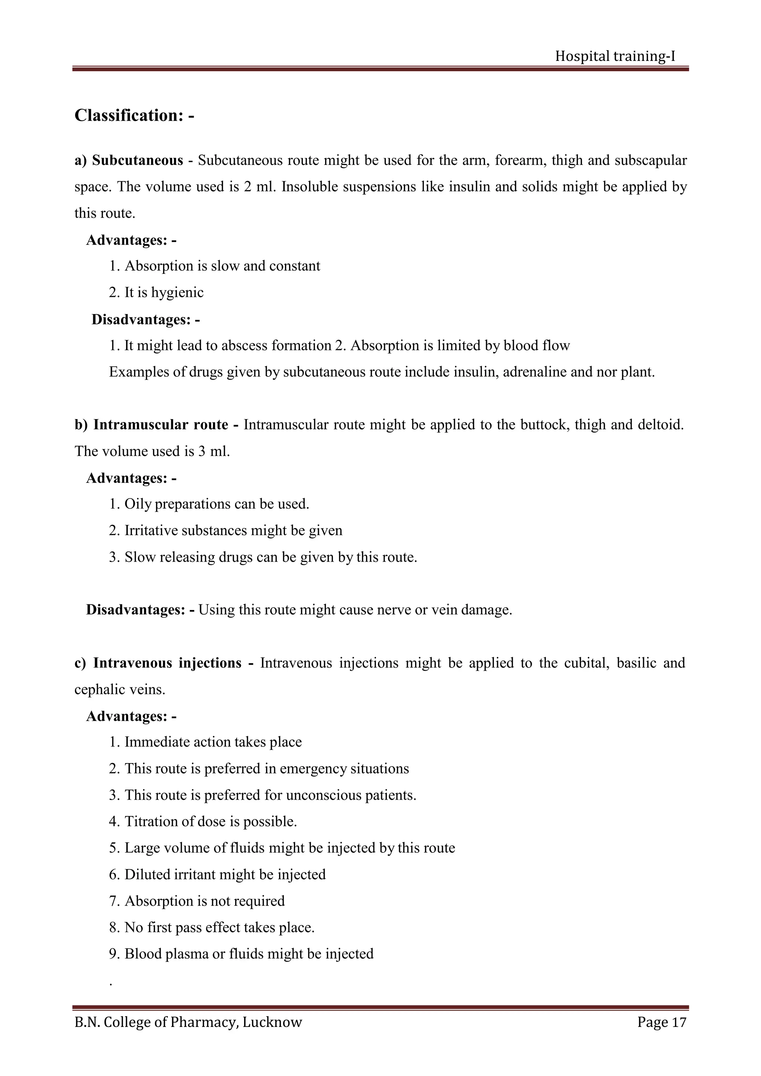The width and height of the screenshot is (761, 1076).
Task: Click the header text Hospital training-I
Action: click(615, 56)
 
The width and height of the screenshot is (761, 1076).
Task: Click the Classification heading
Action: click(134, 115)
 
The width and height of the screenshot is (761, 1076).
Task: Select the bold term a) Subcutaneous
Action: click(129, 160)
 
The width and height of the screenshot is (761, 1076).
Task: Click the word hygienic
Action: click(177, 292)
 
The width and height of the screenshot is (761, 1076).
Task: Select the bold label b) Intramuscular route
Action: click(151, 425)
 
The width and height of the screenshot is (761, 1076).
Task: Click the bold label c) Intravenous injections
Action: click(158, 663)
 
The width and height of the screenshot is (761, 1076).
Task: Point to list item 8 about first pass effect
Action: click(212, 927)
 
